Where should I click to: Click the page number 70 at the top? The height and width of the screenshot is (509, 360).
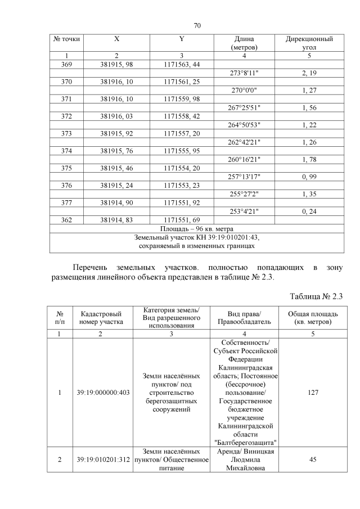197,25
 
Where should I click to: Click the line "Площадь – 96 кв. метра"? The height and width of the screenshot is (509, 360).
197,228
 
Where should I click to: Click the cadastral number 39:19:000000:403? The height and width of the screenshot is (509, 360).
102,393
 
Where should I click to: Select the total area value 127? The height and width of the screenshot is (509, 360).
309,393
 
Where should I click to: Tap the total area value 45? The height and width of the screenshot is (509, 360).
309,460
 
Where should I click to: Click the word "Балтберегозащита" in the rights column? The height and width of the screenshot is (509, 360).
245,442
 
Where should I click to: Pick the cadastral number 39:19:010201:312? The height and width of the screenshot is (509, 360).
102,460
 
